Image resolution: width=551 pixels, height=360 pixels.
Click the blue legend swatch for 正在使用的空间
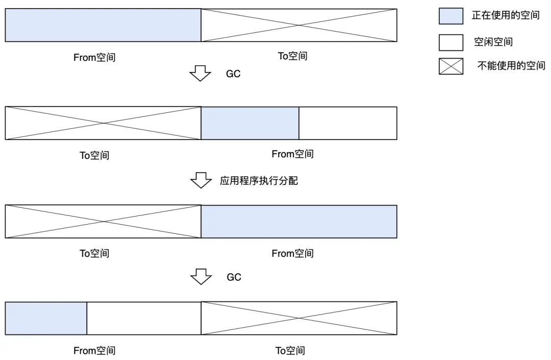click(451, 16)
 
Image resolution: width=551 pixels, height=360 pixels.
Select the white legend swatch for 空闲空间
click(451, 42)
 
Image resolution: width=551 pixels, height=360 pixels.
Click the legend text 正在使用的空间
click(505, 15)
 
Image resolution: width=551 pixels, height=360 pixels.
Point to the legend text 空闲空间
click(493, 42)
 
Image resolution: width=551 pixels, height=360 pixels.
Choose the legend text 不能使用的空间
click(511, 66)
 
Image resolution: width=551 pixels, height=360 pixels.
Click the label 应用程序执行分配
click(259, 181)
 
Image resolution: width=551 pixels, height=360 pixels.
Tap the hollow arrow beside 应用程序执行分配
click(201, 180)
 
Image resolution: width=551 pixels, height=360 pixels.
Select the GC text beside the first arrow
click(233, 74)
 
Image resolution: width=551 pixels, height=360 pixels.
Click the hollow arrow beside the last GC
click(201, 277)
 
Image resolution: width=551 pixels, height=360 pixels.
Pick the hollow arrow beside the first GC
click(201, 74)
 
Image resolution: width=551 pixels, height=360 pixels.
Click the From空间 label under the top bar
click(94, 58)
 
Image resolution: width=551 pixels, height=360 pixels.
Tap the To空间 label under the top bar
click(292, 56)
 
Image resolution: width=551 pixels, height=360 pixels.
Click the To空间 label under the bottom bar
click(290, 350)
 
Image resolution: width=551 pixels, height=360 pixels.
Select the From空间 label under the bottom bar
click(94, 351)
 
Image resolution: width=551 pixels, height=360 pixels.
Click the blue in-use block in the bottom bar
click(46, 318)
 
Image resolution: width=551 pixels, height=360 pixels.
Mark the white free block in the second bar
click(347, 123)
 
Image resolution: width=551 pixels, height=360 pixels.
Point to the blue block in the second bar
click(250, 123)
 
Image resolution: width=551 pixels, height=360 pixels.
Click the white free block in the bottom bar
click(144, 318)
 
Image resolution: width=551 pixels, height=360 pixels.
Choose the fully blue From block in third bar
click(299, 222)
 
